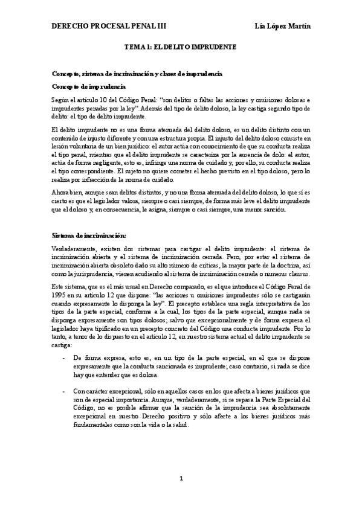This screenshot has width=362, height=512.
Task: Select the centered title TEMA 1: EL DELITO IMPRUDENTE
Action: point(180,46)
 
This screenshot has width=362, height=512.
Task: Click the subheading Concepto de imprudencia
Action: point(88,86)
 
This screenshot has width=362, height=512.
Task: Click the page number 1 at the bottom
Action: point(181,479)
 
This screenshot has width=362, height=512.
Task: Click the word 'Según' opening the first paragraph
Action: point(61,99)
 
